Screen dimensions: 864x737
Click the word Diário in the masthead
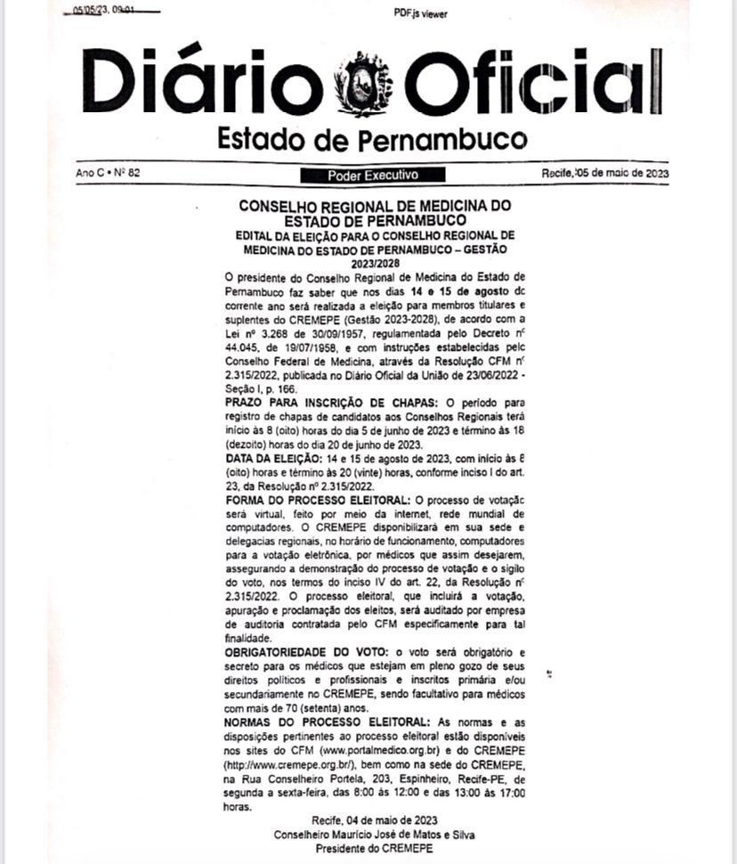click(x=204, y=82)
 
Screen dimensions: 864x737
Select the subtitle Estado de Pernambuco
click(x=371, y=139)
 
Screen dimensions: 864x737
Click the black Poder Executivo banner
click(x=372, y=175)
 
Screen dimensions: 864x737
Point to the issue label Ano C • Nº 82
click(x=109, y=174)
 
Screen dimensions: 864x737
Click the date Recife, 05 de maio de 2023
click(x=604, y=174)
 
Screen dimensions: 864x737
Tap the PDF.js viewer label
click(x=420, y=13)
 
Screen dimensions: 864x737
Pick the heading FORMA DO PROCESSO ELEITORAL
click(x=318, y=501)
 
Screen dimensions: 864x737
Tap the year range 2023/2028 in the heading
click(x=374, y=264)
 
